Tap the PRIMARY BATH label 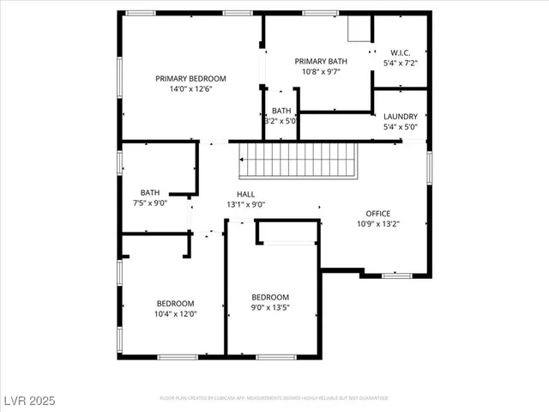coord(321,61)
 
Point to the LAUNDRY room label coord(401,117)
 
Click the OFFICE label coord(378,214)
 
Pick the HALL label coord(245,195)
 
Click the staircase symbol coord(297,160)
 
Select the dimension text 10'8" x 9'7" coord(321,71)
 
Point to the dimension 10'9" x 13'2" coord(378,224)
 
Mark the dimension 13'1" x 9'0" coord(245,205)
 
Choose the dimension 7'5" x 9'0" coord(150,203)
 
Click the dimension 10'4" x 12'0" coord(175,313)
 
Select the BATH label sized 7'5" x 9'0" coord(150,193)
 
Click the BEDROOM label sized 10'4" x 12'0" coord(175,303)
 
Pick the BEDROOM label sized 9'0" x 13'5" coord(269,296)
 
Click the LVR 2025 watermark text coord(27,400)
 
